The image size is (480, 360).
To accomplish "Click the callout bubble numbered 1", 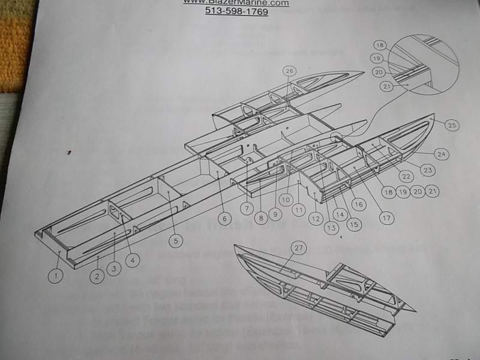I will (x=55, y=277).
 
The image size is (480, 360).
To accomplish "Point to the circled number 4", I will (x=131, y=260).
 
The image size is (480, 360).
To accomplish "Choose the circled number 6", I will (x=224, y=219).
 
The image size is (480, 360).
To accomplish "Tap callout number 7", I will (x=246, y=208).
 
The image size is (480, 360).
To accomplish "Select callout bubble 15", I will (x=353, y=224).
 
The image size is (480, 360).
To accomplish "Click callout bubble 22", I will (x=407, y=177).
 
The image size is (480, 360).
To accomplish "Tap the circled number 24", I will (x=442, y=154).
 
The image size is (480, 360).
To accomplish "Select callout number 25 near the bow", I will (x=452, y=125).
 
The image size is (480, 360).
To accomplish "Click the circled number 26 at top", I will (x=289, y=71).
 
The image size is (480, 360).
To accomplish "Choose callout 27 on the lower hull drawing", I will (x=298, y=247).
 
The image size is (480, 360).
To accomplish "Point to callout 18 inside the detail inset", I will (x=380, y=46).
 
